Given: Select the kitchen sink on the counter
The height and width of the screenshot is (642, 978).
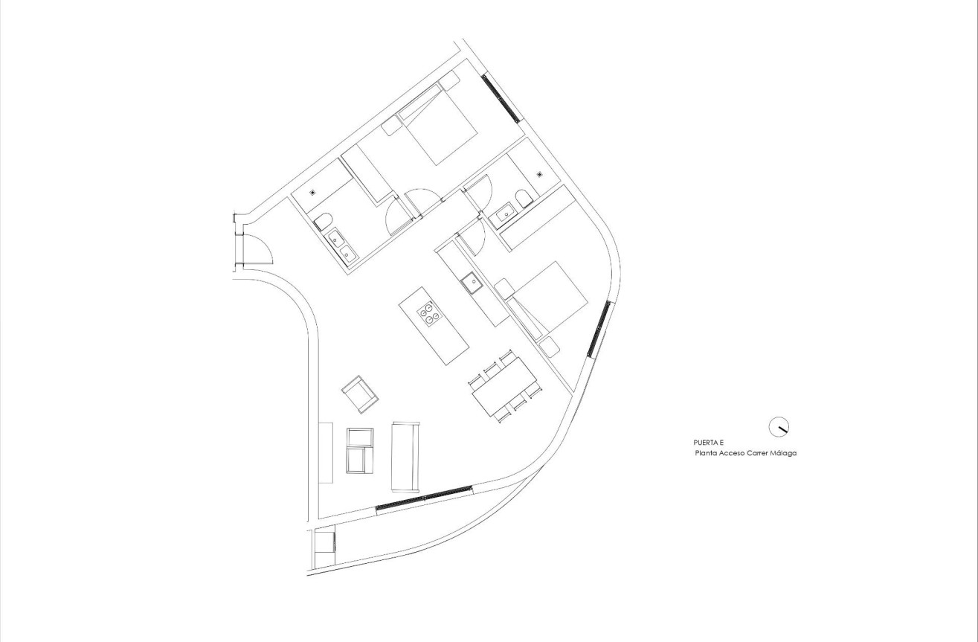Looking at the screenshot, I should (x=470, y=282).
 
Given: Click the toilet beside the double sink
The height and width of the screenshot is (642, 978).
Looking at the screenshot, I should (x=322, y=222).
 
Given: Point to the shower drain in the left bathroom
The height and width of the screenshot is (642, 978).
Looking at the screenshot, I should (x=313, y=191).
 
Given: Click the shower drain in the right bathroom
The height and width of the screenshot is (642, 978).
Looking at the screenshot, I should (x=540, y=174).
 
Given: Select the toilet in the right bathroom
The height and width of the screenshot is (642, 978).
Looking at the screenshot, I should (x=524, y=197).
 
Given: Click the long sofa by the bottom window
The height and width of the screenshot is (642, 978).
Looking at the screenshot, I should (x=405, y=456).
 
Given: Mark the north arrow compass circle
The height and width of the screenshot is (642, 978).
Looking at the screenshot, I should (x=778, y=426).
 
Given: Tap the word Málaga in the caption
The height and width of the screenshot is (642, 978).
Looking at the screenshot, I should (x=783, y=452).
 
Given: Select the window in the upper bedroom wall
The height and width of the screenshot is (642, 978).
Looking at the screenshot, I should (x=500, y=97).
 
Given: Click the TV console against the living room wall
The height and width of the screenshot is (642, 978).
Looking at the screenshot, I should (x=326, y=452).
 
